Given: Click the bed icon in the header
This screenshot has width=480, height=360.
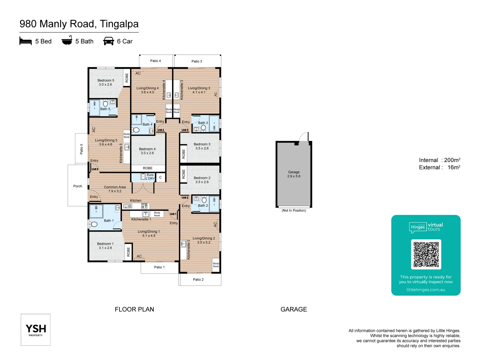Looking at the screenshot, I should pyautogui.click(x=26, y=41).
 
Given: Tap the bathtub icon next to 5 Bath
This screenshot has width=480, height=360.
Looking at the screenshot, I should pyautogui.click(x=67, y=40).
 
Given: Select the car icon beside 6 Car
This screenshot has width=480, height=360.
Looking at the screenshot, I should pyautogui.click(x=109, y=41).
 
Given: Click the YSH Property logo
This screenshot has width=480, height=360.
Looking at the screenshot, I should pyautogui.click(x=36, y=330).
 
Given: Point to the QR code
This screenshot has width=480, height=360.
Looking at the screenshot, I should pyautogui.click(x=426, y=254).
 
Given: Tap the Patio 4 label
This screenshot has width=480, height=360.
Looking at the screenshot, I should pyautogui.click(x=155, y=61).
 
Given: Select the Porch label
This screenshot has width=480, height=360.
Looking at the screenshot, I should pyautogui.click(x=78, y=186).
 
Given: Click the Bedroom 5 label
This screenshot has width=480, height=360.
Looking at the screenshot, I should pyautogui.click(x=106, y=81).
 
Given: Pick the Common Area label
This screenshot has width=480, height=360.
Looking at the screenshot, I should pyautogui.click(x=115, y=187).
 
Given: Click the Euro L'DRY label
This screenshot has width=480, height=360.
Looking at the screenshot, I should pyautogui.click(x=150, y=177).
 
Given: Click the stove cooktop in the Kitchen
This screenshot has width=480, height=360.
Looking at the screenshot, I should pyautogui.click(x=144, y=206).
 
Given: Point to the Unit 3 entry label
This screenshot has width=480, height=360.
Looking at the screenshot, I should pyautogui.click(x=185, y=130).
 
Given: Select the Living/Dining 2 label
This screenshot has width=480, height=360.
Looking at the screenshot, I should pyautogui.click(x=204, y=238).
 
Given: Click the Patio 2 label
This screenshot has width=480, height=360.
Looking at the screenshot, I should pyautogui.click(x=198, y=280).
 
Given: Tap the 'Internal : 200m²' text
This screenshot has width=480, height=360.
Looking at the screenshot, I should pyautogui.click(x=439, y=160).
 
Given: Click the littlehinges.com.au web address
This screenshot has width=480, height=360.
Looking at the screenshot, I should pyautogui.click(x=426, y=290).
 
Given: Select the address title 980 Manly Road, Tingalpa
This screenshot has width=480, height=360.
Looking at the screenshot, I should pyautogui.click(x=79, y=24).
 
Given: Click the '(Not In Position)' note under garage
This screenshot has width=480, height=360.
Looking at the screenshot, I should pyautogui.click(x=294, y=211).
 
